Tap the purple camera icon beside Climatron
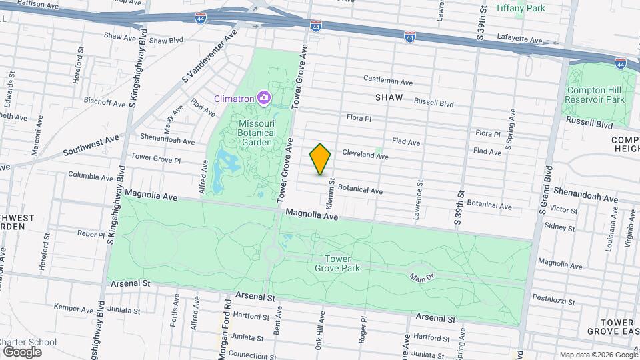264,99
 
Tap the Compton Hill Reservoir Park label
594,95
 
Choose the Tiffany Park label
521,8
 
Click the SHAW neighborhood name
389,97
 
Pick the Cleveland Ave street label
365,155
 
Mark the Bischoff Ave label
105,103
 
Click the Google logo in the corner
22,351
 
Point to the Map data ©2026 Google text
598,355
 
